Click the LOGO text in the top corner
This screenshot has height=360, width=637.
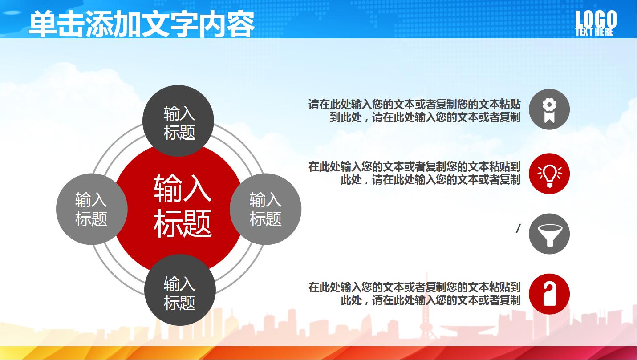tap(596, 19)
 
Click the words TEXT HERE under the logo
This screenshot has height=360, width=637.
tap(594, 32)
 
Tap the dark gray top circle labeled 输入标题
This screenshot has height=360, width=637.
tap(179, 121)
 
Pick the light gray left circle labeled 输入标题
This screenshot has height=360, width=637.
tap(92, 209)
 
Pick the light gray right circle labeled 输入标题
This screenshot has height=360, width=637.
tap(266, 209)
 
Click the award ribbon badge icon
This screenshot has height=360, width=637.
tap(549, 109)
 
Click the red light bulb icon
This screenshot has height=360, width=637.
tap(549, 174)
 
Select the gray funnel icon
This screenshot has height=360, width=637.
tap(549, 234)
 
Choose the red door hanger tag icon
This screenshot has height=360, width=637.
tap(549, 294)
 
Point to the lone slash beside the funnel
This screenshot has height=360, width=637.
tap(518, 229)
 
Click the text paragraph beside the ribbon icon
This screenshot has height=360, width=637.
tap(414, 111)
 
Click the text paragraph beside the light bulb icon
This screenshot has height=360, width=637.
tap(414, 173)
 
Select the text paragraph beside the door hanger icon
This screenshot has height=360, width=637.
tap(414, 293)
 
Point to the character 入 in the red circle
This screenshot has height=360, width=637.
tap(197, 187)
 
